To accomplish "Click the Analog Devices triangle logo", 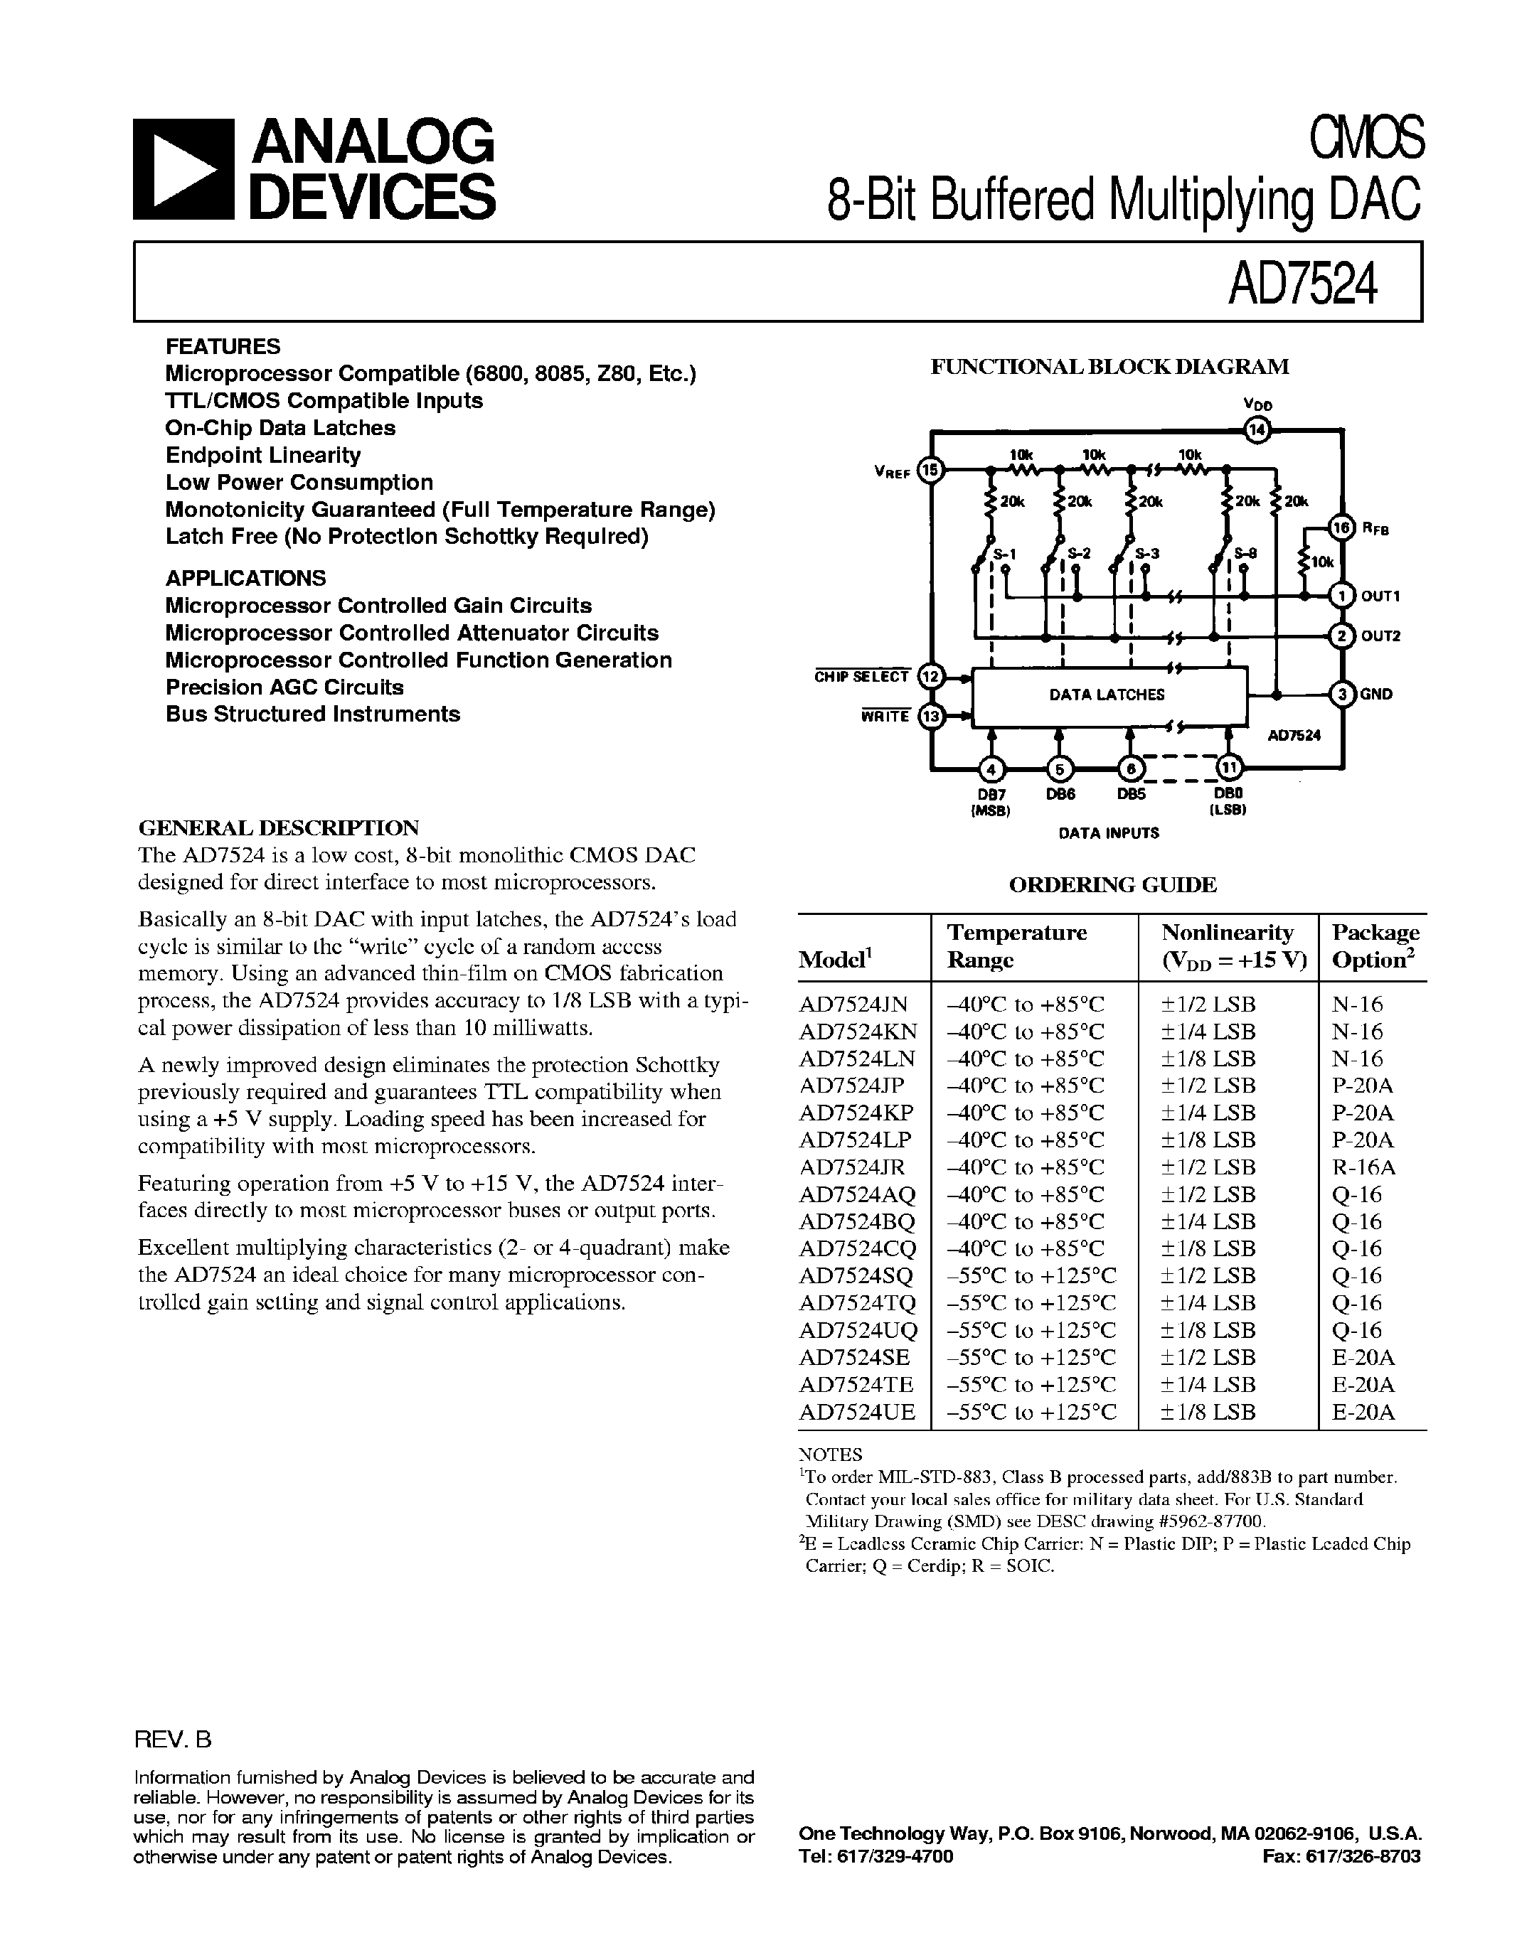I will coord(183,169).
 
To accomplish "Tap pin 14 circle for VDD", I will coord(1257,431).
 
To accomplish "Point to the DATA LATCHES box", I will coord(1109,695).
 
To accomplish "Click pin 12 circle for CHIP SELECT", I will coord(932,676).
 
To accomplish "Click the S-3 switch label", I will coord(1146,554).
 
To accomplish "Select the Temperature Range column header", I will coord(1017,946).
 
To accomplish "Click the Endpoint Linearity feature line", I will coord(263,456).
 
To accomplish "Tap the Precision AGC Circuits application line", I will coord(284,687).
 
